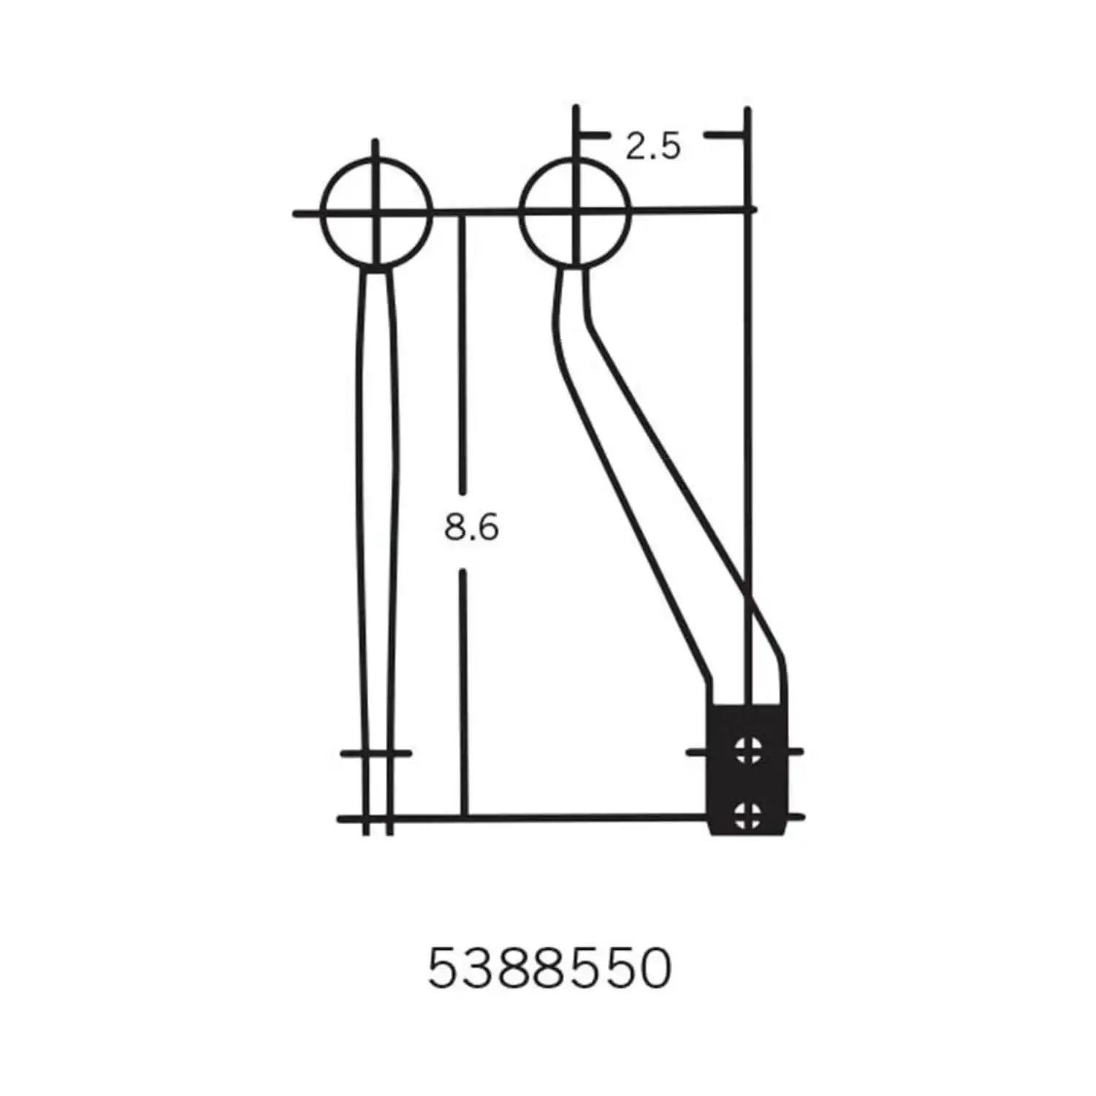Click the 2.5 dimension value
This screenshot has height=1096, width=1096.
coord(652,147)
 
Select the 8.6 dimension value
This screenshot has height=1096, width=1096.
coord(471,527)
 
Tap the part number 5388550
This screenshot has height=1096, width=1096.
coord(549,970)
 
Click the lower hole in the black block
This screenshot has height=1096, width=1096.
coord(747,814)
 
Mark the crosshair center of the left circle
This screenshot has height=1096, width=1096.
coord(376,213)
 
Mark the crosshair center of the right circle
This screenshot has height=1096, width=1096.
coord(576,213)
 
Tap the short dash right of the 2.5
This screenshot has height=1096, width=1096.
coord(723,135)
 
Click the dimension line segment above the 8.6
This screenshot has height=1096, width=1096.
coord(462,351)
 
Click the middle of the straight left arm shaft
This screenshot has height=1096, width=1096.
coord(378,511)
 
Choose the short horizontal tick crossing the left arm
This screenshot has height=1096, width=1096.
coord(376,753)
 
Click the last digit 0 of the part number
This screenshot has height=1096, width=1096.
coord(652,970)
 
